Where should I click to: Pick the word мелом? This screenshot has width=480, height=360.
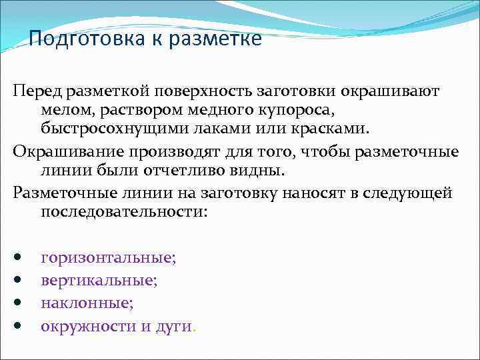click(x=63, y=109)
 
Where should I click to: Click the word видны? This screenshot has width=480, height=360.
click(x=262, y=170)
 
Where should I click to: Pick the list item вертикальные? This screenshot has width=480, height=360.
click(x=99, y=281)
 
